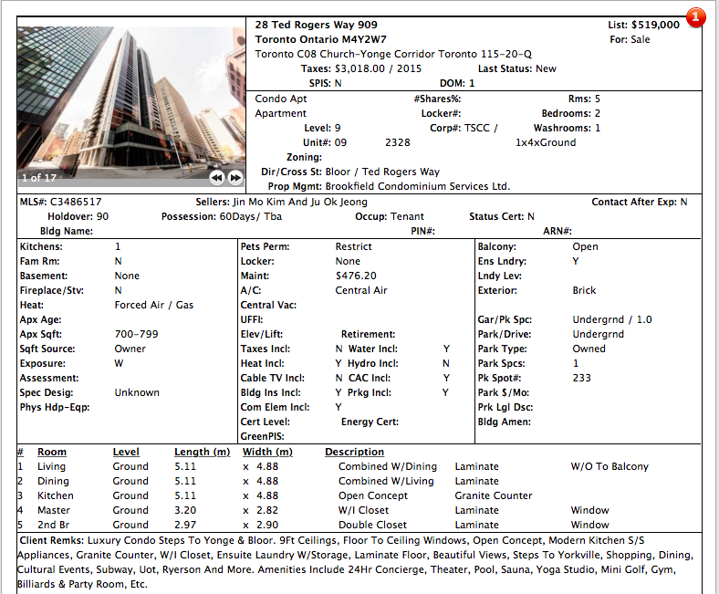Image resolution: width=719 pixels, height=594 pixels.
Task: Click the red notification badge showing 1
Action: (696, 16)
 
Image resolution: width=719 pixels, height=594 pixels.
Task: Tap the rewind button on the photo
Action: (216, 177)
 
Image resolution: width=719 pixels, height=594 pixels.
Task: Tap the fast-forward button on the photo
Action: (235, 177)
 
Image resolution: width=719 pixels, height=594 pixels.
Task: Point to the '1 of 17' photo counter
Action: (38, 178)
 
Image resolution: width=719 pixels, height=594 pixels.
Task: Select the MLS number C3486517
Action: (76, 202)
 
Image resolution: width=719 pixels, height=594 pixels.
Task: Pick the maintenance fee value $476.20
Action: (356, 276)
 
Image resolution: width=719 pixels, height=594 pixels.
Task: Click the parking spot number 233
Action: (581, 378)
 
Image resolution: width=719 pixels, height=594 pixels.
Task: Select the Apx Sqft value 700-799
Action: (137, 334)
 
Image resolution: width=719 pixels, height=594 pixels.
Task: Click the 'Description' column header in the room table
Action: (354, 452)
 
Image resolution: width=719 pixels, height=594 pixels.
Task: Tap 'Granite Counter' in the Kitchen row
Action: (494, 495)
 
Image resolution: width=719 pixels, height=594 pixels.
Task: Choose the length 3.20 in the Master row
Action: (185, 510)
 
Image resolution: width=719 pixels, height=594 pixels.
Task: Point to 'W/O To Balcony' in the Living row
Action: (610, 466)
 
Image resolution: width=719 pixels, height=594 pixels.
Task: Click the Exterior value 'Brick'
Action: (584, 290)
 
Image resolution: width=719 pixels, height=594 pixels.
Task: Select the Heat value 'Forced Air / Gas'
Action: (154, 305)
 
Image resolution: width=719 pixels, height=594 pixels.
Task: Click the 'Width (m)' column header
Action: (268, 452)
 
